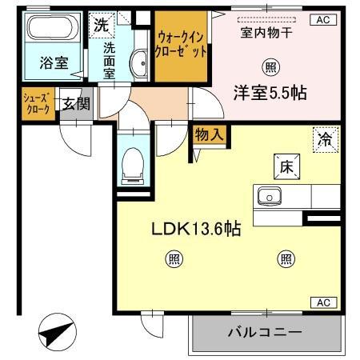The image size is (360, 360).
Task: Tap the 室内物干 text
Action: click(x=266, y=34)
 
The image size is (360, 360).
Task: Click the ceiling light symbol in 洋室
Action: click(x=272, y=67)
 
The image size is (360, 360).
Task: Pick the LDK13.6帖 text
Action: click(x=197, y=228)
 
